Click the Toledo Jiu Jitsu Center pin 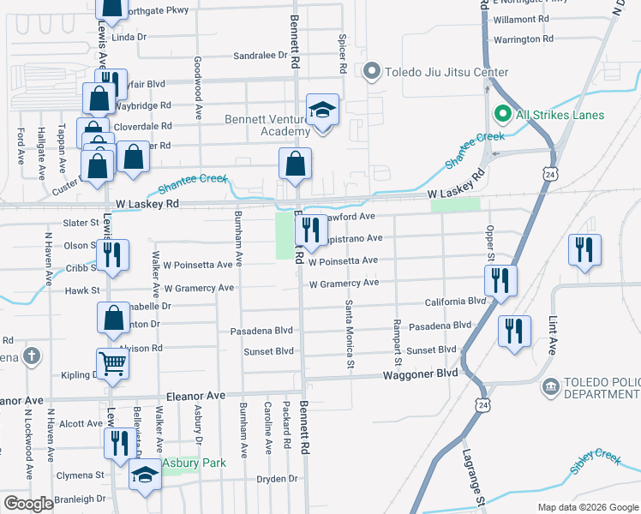(371, 72)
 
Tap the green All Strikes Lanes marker (501, 114)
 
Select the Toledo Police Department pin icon (549, 388)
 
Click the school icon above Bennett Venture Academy (323, 111)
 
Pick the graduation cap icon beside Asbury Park (146, 475)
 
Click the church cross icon (31, 356)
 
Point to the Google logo (28, 504)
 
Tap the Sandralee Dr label (261, 56)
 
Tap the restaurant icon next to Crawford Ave (309, 229)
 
